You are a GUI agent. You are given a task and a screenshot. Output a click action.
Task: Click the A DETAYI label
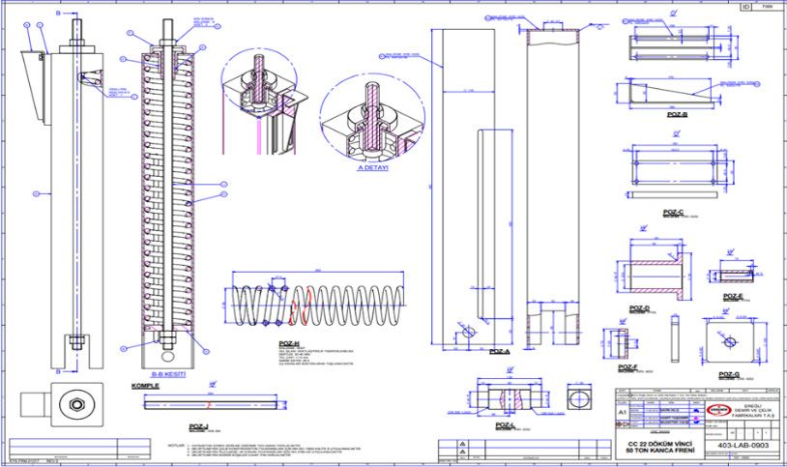pos(373,166)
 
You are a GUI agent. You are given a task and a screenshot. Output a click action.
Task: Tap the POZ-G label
pos(731,372)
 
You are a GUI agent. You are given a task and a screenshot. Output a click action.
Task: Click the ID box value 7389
pos(767,6)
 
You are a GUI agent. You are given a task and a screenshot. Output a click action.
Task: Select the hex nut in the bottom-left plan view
pos(73,401)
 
